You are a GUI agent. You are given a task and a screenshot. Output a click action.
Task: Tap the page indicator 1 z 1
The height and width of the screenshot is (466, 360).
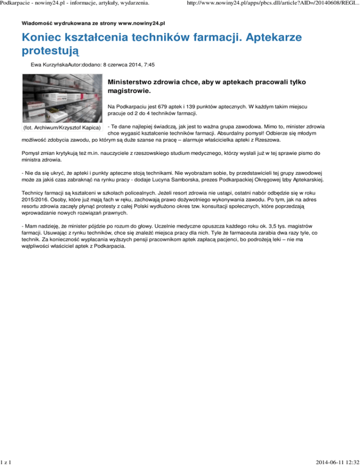(x=7, y=462)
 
